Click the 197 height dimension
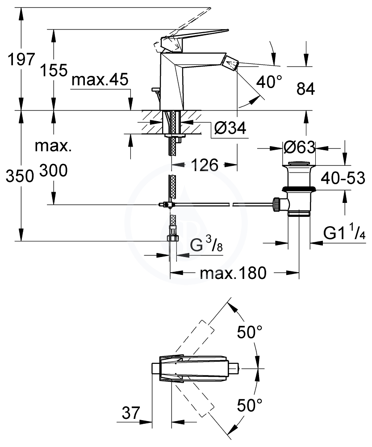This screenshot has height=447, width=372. pyautogui.click(x=21, y=60)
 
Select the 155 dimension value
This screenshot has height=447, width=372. pyautogui.click(x=54, y=70)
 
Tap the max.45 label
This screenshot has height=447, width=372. pyautogui.click(x=100, y=80)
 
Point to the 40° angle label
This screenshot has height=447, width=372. pyautogui.click(x=269, y=82)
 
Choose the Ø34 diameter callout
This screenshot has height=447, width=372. pyautogui.click(x=230, y=128)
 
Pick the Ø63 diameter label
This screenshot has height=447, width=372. pyautogui.click(x=300, y=148)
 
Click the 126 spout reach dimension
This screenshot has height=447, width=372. pyautogui.click(x=205, y=165)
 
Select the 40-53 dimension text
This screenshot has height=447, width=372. pyautogui.click(x=343, y=178)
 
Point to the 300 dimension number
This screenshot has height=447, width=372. pyautogui.click(x=53, y=170)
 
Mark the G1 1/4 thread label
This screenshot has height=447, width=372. pyautogui.click(x=344, y=234)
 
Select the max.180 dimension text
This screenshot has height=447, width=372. pyautogui.click(x=233, y=273)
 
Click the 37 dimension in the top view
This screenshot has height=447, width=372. pyautogui.click(x=131, y=413)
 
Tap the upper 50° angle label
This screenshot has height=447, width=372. pyautogui.click(x=250, y=332)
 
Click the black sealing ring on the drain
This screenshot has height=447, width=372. pyautogui.click(x=299, y=189)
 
